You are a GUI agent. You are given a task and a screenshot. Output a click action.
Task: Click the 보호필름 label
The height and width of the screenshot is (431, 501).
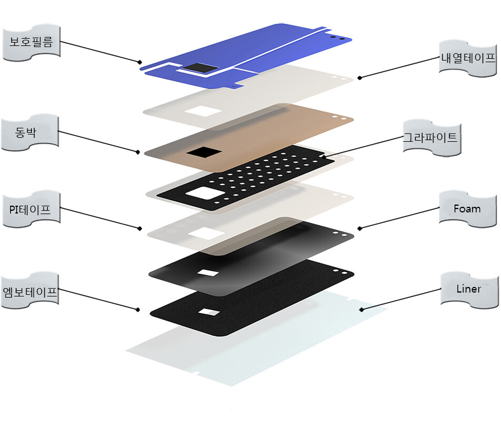pyautogui.click(x=31, y=41)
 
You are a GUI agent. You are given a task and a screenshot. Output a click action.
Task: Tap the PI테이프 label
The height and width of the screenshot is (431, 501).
pyautogui.click(x=30, y=210)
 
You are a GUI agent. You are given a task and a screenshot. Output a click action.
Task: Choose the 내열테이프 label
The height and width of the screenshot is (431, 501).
pyautogui.click(x=469, y=57)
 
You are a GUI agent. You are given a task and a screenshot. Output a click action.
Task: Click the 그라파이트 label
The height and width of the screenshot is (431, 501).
pyautogui.click(x=430, y=137)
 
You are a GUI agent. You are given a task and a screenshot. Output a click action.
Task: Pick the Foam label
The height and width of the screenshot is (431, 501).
pyautogui.click(x=467, y=209)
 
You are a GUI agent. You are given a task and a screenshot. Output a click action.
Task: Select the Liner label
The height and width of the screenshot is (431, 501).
pyautogui.click(x=469, y=289)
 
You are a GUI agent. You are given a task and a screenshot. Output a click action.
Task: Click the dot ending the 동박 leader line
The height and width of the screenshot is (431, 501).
pyautogui.click(x=138, y=151)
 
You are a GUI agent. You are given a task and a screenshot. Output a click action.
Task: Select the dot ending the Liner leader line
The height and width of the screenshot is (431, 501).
pyautogui.click(x=361, y=309)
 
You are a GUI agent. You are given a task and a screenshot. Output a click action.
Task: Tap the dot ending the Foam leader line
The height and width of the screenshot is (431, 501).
pyautogui.click(x=359, y=229)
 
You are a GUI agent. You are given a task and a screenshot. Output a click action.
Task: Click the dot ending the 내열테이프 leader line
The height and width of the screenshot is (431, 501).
pyautogui.click(x=359, y=78)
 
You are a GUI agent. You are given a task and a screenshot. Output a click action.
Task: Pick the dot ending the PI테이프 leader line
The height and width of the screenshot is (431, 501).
pyautogui.click(x=139, y=229)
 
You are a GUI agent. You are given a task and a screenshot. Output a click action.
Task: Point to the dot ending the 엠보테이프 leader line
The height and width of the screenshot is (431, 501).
pyautogui.click(x=138, y=309)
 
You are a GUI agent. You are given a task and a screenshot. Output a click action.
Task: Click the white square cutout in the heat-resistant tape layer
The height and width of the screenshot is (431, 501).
pyautogui.click(x=203, y=111)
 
